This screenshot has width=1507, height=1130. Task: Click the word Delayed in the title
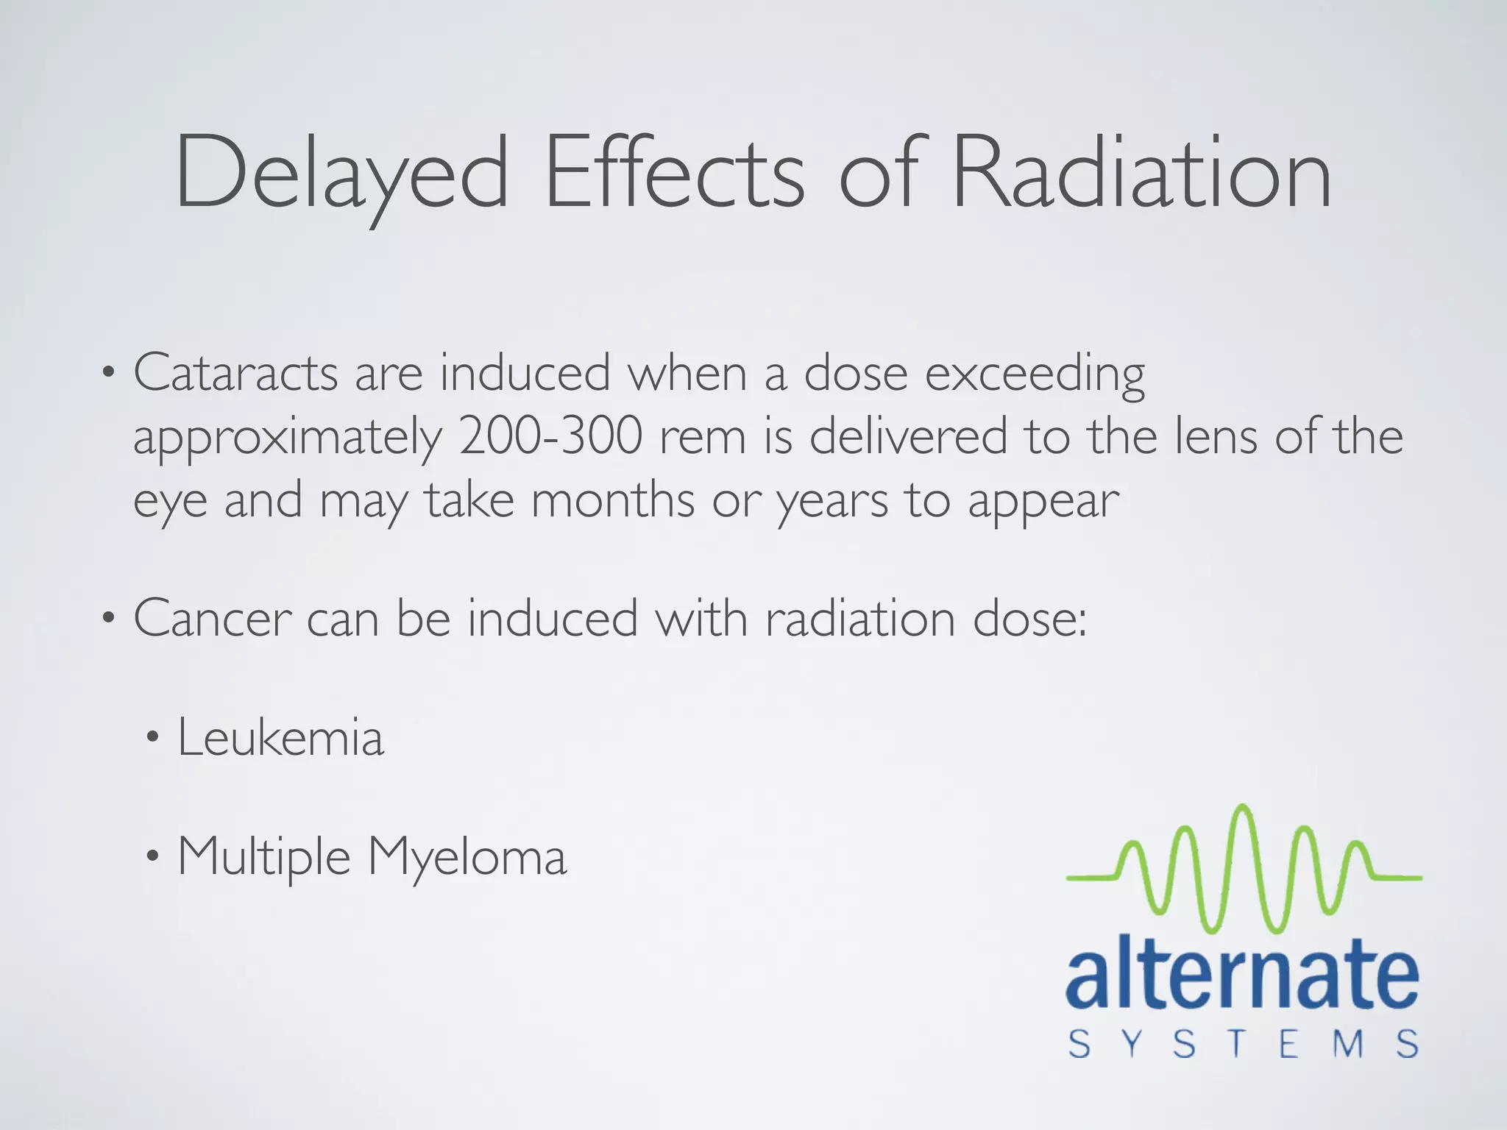(x=341, y=174)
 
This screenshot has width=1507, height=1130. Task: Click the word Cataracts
(x=235, y=373)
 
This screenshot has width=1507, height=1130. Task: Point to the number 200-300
(x=550, y=436)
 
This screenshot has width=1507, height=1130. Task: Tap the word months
(x=612, y=501)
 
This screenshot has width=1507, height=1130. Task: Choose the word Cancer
(x=213, y=619)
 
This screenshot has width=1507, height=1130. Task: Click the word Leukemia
(x=280, y=738)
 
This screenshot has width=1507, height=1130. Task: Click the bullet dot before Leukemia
(x=152, y=738)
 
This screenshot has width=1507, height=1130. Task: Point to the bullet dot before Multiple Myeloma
(x=152, y=856)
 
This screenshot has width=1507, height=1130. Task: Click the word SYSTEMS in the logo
(x=1243, y=1044)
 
